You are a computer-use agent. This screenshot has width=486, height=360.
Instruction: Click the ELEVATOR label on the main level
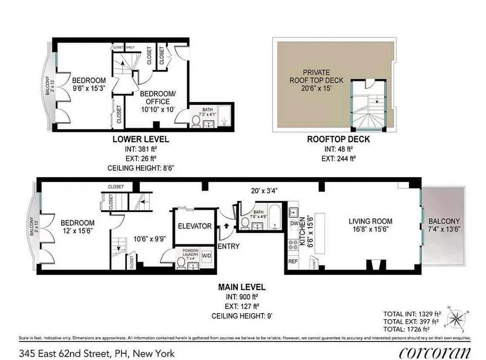tap(194, 226)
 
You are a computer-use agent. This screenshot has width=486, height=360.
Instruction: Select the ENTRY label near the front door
tap(228, 246)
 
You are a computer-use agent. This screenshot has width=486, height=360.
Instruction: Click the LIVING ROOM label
tap(370, 221)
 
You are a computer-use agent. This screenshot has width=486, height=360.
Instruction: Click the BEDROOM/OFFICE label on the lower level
tap(154, 98)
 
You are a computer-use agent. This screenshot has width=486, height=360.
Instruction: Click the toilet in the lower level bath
tap(196, 122)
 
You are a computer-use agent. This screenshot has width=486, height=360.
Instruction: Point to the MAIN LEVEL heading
tap(241, 287)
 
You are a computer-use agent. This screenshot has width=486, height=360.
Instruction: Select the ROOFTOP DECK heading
tap(338, 139)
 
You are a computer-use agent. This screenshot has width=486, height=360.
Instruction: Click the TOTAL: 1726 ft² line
tap(412, 330)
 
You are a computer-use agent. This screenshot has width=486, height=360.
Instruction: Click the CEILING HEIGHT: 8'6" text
tap(141, 168)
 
